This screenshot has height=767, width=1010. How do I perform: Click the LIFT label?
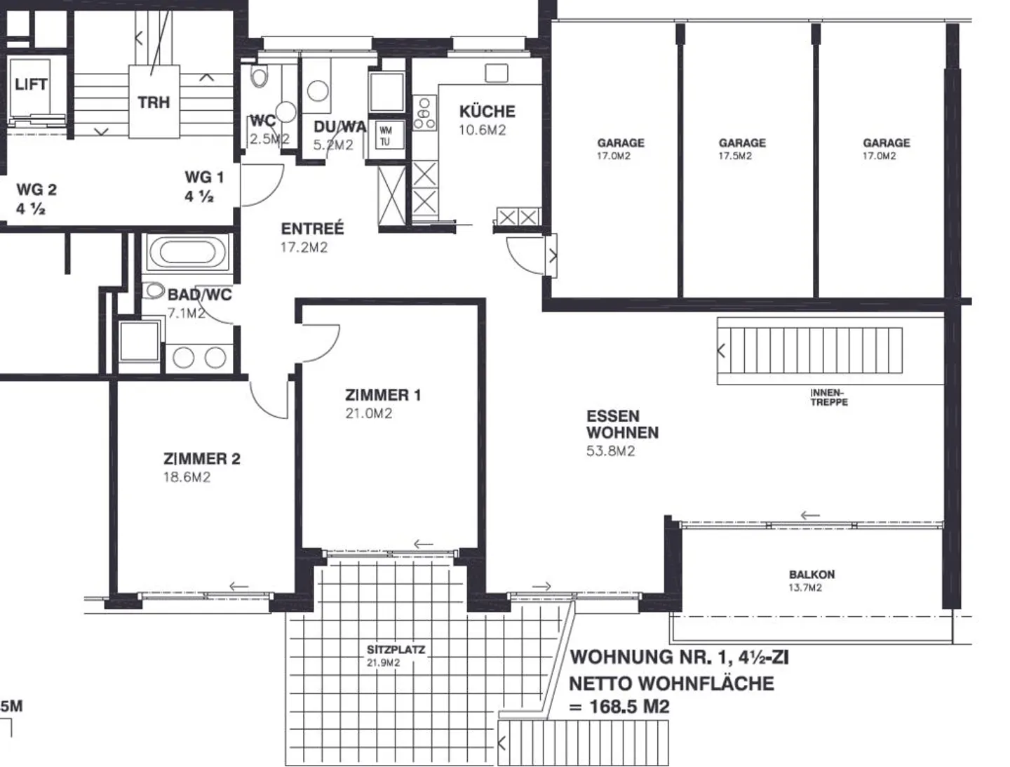pyautogui.click(x=31, y=84)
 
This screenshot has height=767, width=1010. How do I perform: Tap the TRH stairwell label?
pyautogui.click(x=154, y=102)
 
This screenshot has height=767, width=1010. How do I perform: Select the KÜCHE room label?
pyautogui.click(x=487, y=111)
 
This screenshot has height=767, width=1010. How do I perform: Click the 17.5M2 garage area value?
pyautogui.click(x=735, y=156)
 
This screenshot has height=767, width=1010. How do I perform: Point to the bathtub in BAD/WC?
pyautogui.click(x=187, y=252)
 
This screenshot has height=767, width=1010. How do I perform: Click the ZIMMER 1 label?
pyautogui.click(x=383, y=395)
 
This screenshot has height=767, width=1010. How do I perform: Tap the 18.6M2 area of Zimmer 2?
pyautogui.click(x=187, y=477)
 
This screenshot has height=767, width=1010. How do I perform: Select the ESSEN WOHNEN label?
pyautogui.click(x=622, y=424)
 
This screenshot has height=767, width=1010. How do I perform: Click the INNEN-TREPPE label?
pyautogui.click(x=829, y=397)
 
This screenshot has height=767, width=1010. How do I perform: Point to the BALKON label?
pyautogui.click(x=812, y=574)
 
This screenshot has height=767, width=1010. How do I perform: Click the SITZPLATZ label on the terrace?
pyautogui.click(x=396, y=650)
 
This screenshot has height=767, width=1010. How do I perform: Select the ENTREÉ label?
pyautogui.click(x=312, y=228)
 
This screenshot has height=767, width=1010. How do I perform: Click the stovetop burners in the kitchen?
pyautogui.click(x=424, y=113)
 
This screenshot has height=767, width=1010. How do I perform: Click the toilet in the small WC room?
pyautogui.click(x=260, y=76)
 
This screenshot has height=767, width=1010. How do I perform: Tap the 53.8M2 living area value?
pyautogui.click(x=611, y=451)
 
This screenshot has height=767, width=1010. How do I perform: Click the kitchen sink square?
pyautogui.click(x=497, y=73)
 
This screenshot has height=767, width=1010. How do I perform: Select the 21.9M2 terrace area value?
pyautogui.click(x=383, y=663)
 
